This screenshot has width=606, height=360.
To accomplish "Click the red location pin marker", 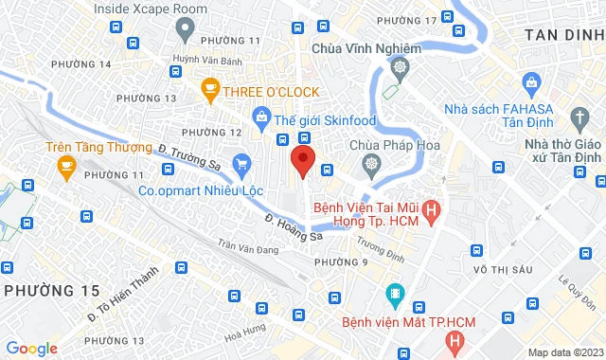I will (302, 162).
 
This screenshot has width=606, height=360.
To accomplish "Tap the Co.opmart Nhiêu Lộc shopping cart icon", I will (241, 164).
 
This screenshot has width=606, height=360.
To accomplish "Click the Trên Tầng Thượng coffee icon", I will (66, 168).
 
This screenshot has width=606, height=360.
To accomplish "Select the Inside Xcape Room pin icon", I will (186, 28).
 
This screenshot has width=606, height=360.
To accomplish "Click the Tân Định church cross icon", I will (579, 117).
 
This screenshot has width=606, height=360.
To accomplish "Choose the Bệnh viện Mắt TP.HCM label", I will (450, 318).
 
